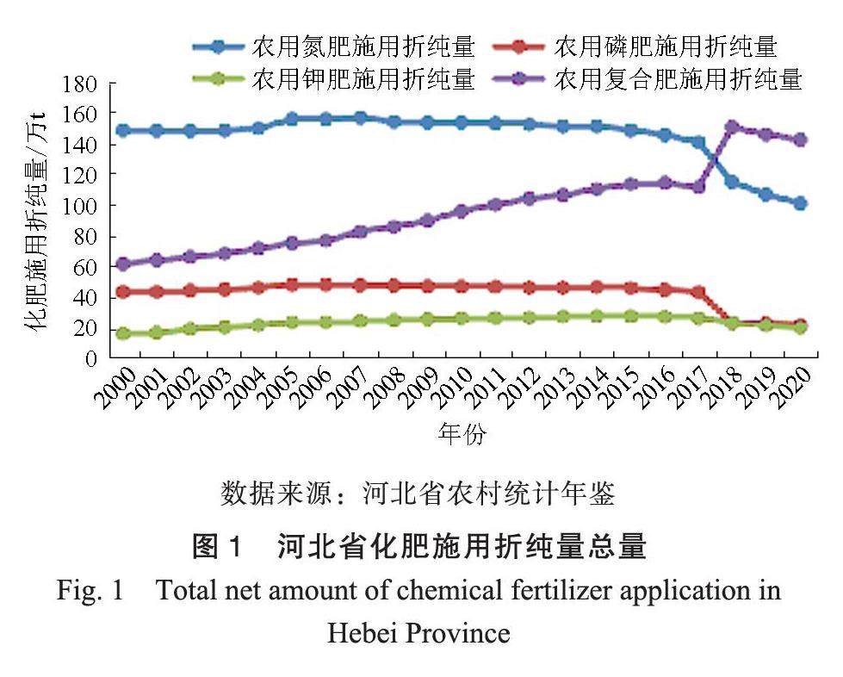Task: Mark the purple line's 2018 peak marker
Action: click(732, 127)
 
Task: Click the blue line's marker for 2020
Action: click(799, 203)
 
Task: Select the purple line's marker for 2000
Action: click(123, 264)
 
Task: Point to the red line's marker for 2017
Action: click(698, 293)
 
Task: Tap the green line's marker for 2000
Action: click(123, 333)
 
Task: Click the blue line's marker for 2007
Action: click(360, 118)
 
